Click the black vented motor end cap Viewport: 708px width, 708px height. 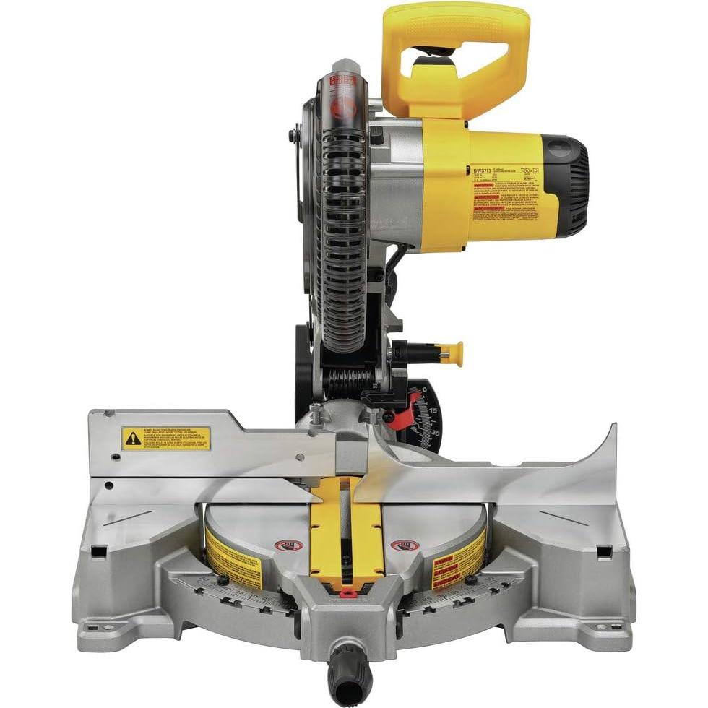(571, 186)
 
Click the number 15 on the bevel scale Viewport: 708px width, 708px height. (433, 411)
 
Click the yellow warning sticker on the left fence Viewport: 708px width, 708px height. (165, 438)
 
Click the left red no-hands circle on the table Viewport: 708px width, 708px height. (284, 545)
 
